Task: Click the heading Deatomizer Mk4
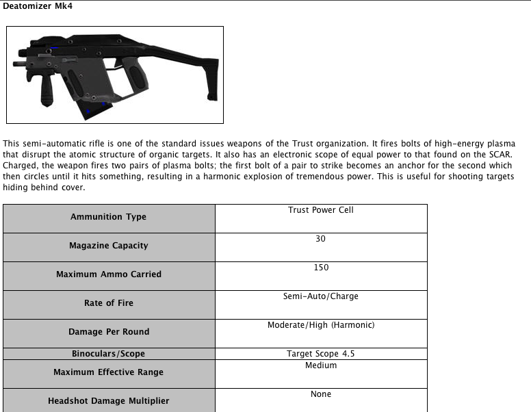pos(38,6)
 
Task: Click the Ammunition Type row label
pos(108,217)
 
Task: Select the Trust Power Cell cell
pos(321,210)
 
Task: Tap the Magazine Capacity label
pos(108,246)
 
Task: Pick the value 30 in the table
pos(321,239)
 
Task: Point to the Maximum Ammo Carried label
pos(108,274)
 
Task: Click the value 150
pos(321,268)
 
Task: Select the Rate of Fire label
pos(108,303)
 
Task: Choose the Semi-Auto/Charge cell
pos(321,296)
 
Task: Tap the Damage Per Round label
pos(108,332)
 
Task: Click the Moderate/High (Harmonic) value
pos(321,325)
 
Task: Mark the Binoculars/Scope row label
pos(108,354)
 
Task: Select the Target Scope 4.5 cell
pos(321,354)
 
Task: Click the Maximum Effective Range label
pos(108,372)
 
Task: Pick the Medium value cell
pos(321,365)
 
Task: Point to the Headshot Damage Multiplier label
pos(108,401)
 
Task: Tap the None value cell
pos(321,394)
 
